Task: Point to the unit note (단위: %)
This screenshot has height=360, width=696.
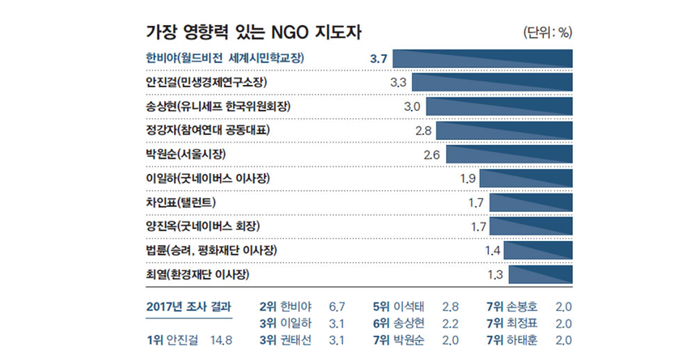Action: tap(549, 33)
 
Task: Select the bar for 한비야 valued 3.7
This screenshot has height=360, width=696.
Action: tap(482, 58)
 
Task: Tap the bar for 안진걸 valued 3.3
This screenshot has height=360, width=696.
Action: tap(492, 83)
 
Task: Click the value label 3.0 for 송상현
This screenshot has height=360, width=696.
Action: tap(412, 107)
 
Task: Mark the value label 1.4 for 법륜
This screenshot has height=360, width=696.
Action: tap(493, 250)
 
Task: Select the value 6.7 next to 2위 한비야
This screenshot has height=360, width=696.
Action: tap(337, 307)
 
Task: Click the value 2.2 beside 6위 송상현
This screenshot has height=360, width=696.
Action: tap(451, 324)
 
